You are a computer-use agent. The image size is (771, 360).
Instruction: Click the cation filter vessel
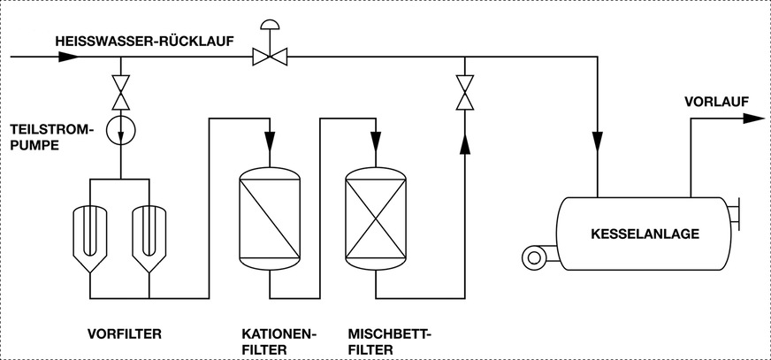tap(271, 217)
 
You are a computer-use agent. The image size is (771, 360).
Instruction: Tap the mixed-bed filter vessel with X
tap(376, 217)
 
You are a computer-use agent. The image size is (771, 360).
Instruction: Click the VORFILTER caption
tap(124, 334)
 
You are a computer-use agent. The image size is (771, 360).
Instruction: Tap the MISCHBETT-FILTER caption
tap(386, 341)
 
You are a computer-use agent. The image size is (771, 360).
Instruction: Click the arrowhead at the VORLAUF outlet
tap(753, 118)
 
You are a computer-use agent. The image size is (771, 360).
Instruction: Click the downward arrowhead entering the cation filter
tap(271, 141)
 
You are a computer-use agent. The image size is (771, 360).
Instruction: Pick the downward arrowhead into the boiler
tap(598, 141)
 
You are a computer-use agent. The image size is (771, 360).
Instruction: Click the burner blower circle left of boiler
tap(533, 257)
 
